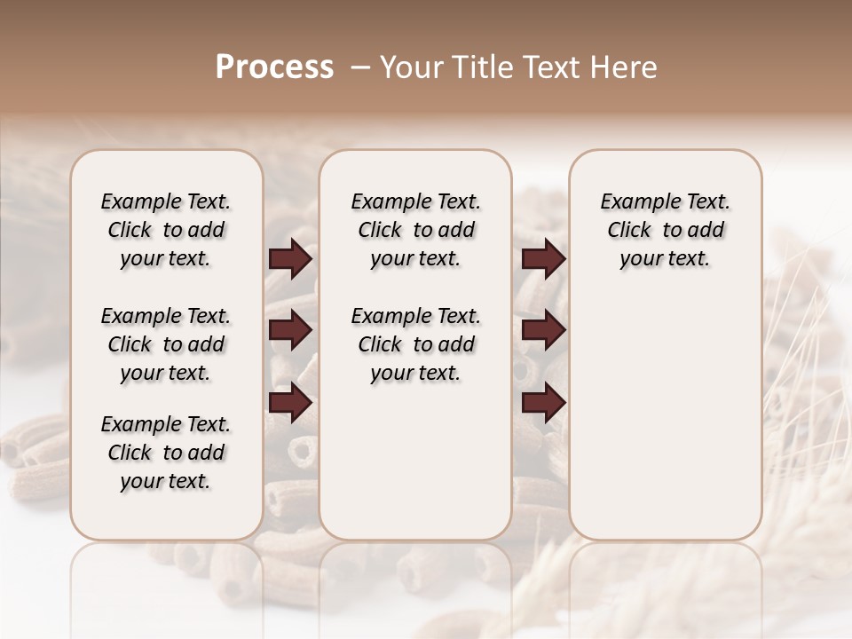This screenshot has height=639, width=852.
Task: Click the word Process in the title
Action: (273, 67)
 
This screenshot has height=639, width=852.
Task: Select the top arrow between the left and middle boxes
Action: (290, 259)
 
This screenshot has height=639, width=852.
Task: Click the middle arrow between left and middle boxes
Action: (290, 331)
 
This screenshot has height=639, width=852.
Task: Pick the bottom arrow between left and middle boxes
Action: (290, 403)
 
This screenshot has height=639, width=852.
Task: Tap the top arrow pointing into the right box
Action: (543, 259)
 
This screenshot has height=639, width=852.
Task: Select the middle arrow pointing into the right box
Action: (543, 331)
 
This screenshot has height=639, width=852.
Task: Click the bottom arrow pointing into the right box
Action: (543, 403)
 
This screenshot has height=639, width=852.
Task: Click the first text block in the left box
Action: (166, 230)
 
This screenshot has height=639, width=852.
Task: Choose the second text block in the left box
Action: (166, 344)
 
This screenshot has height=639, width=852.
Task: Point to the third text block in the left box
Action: (166, 453)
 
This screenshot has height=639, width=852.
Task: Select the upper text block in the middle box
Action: (415, 230)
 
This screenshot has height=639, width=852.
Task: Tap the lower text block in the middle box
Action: (415, 344)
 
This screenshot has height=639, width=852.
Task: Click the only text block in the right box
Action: (665, 230)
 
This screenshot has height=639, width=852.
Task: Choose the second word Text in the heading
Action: (547, 67)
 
